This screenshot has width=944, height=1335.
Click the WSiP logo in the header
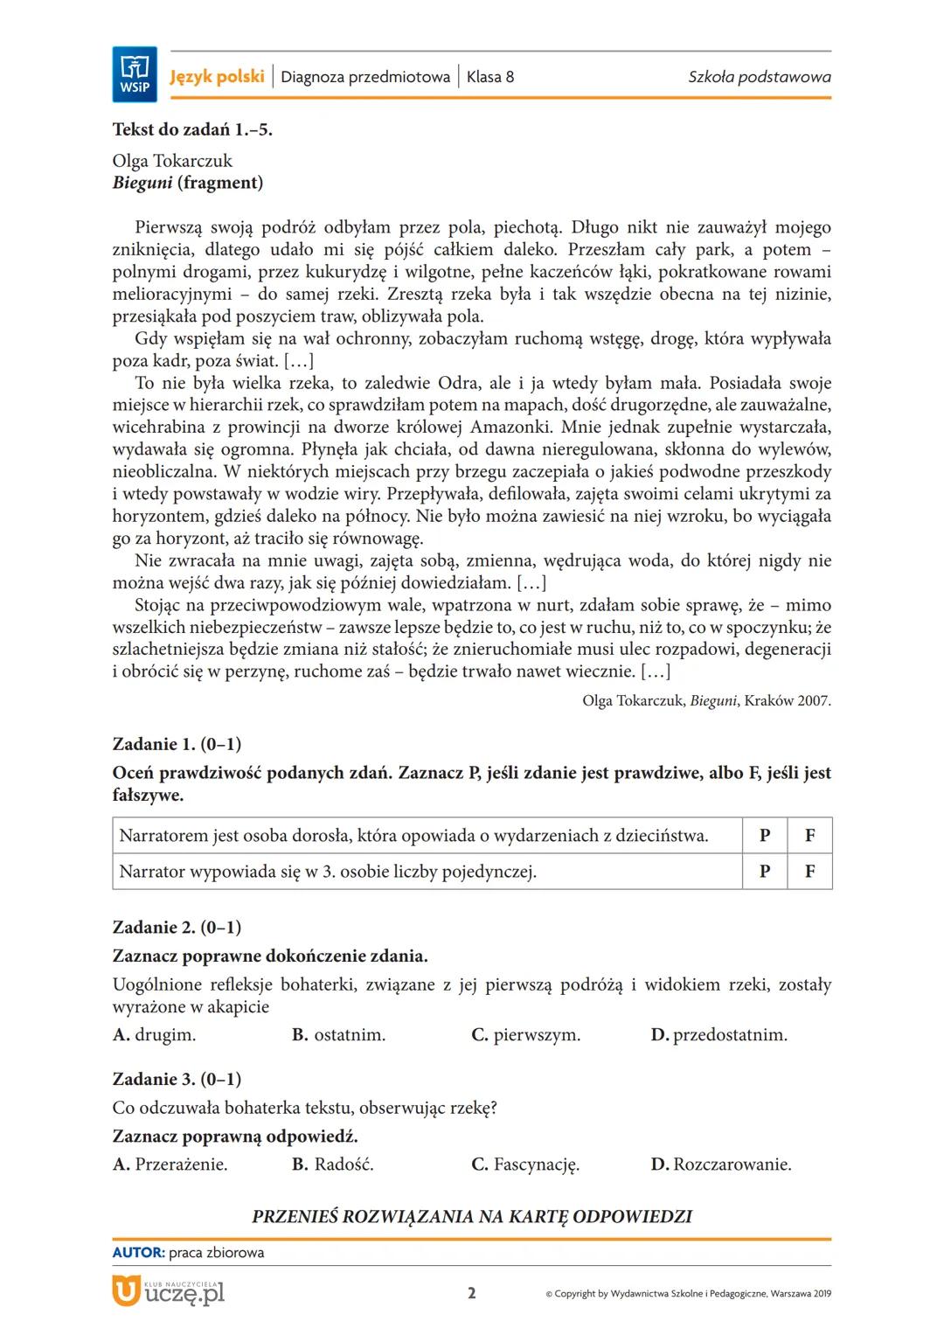coord(135,74)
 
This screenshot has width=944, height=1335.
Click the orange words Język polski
coord(217,77)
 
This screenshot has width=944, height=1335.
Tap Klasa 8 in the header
coord(489,77)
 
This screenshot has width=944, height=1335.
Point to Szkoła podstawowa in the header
coord(759,77)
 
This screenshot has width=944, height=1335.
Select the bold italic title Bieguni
coord(142,183)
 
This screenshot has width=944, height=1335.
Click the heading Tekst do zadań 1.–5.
coord(192,129)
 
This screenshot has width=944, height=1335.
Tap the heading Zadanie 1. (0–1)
coord(177,744)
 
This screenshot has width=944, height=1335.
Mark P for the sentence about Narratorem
coord(765,835)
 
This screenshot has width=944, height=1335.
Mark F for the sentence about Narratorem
coord(809,835)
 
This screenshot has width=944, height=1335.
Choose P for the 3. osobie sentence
coord(765,871)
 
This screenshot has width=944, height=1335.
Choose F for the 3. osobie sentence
coord(809,871)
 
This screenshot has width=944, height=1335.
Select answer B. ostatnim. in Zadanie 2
coord(338,1035)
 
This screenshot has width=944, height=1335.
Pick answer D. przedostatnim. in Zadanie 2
coord(718,1035)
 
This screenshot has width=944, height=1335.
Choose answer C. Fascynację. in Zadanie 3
coord(525,1165)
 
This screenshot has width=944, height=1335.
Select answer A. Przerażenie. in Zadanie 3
coord(170,1165)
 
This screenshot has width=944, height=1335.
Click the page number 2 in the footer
coord(472,1293)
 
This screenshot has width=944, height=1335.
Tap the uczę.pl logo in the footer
coord(169,1291)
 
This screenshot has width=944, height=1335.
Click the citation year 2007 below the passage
coord(814,700)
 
